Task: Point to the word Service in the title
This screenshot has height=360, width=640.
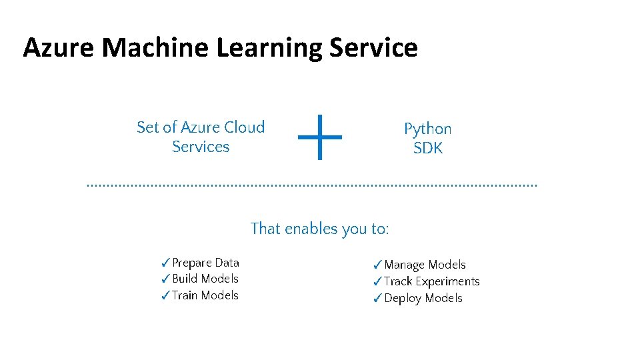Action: [373, 48]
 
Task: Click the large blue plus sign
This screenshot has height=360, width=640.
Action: [319, 137]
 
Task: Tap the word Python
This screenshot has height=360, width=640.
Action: [427, 129]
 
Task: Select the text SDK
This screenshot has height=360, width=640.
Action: [427, 148]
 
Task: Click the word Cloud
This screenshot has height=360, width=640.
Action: [244, 127]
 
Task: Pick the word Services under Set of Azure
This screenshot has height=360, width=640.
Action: [200, 147]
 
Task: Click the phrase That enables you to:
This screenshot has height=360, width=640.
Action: [319, 229]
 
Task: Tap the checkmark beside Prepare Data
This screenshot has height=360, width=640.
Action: [165, 263]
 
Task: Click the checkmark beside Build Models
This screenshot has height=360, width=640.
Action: [165, 279]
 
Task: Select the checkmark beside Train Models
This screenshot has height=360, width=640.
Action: [165, 296]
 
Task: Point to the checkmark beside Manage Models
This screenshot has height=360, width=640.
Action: [377, 265]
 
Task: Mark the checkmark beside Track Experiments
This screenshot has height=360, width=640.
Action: [377, 282]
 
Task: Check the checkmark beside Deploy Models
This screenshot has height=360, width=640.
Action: [377, 299]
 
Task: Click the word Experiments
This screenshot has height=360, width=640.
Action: [447, 282]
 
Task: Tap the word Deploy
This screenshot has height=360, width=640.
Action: [403, 299]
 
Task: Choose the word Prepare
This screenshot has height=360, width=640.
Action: [192, 263]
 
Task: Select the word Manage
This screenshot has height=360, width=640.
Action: [405, 265]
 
